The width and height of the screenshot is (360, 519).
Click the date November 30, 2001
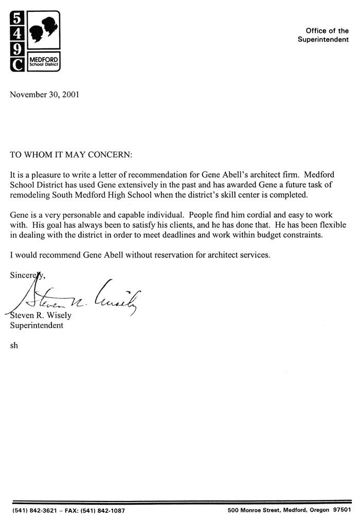(x=45, y=95)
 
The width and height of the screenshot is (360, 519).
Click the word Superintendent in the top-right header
(x=323, y=40)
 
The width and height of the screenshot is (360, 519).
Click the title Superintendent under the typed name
(x=37, y=325)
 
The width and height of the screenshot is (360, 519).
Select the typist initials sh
(x=14, y=345)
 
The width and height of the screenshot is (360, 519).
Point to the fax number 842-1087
(x=107, y=511)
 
